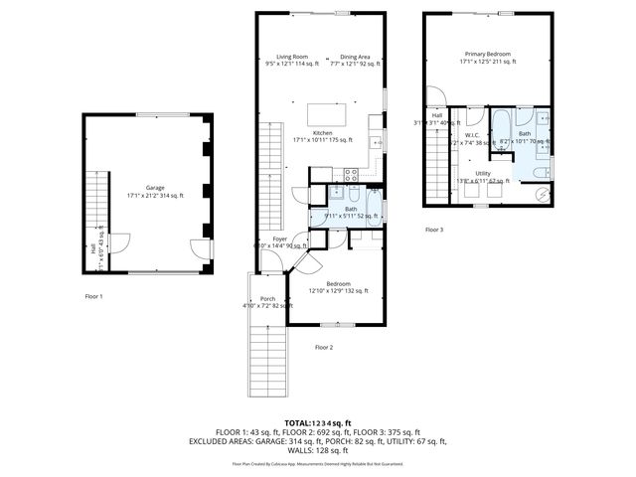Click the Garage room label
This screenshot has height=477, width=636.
click(155, 188)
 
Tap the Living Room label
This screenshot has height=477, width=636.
click(292, 57)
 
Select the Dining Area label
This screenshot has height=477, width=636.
click(356, 57)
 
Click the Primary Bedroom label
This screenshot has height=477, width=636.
click(486, 54)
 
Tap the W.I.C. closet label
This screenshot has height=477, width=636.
click(472, 135)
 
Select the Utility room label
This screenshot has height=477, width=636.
click(483, 173)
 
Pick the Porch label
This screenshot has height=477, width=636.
click(267, 298)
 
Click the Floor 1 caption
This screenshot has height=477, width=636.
click(93, 296)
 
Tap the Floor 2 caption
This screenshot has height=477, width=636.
click(324, 347)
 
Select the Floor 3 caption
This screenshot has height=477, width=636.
click(434, 230)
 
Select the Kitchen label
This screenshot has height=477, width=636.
click(323, 133)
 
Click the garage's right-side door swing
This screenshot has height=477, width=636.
click(202, 249)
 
